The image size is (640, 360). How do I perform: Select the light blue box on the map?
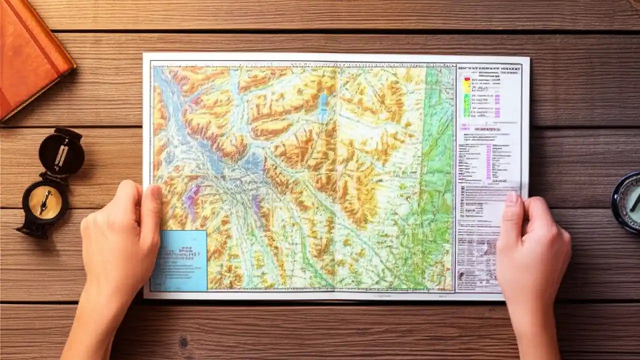coord(179,260)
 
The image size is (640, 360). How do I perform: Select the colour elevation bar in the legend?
coord(466,97)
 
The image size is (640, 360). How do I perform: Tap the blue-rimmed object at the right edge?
coord(627,200)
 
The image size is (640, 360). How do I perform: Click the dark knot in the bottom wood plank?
coord(183,342)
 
